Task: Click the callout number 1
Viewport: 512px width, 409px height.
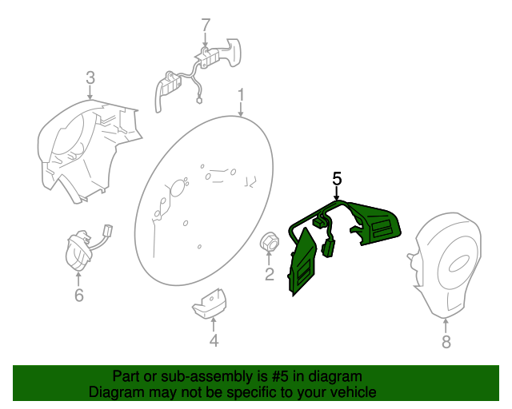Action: click(x=241, y=95)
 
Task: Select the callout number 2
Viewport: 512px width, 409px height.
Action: click(x=270, y=274)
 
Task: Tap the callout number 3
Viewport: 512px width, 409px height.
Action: click(x=90, y=78)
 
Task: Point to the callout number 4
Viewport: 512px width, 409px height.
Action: click(x=214, y=340)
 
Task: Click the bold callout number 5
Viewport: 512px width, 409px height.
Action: click(x=337, y=179)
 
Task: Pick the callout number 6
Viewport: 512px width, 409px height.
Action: click(x=79, y=295)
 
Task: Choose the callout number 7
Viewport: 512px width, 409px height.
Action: click(x=206, y=25)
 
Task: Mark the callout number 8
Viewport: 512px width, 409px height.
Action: click(x=446, y=342)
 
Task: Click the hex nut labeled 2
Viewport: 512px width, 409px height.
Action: click(x=270, y=242)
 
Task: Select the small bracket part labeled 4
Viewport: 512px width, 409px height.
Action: click(x=209, y=304)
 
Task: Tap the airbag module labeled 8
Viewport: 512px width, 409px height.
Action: click(x=444, y=265)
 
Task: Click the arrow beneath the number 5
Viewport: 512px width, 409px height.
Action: click(x=337, y=193)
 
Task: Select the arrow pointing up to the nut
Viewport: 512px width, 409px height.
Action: click(x=269, y=259)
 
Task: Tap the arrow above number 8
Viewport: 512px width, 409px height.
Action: click(x=446, y=326)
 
